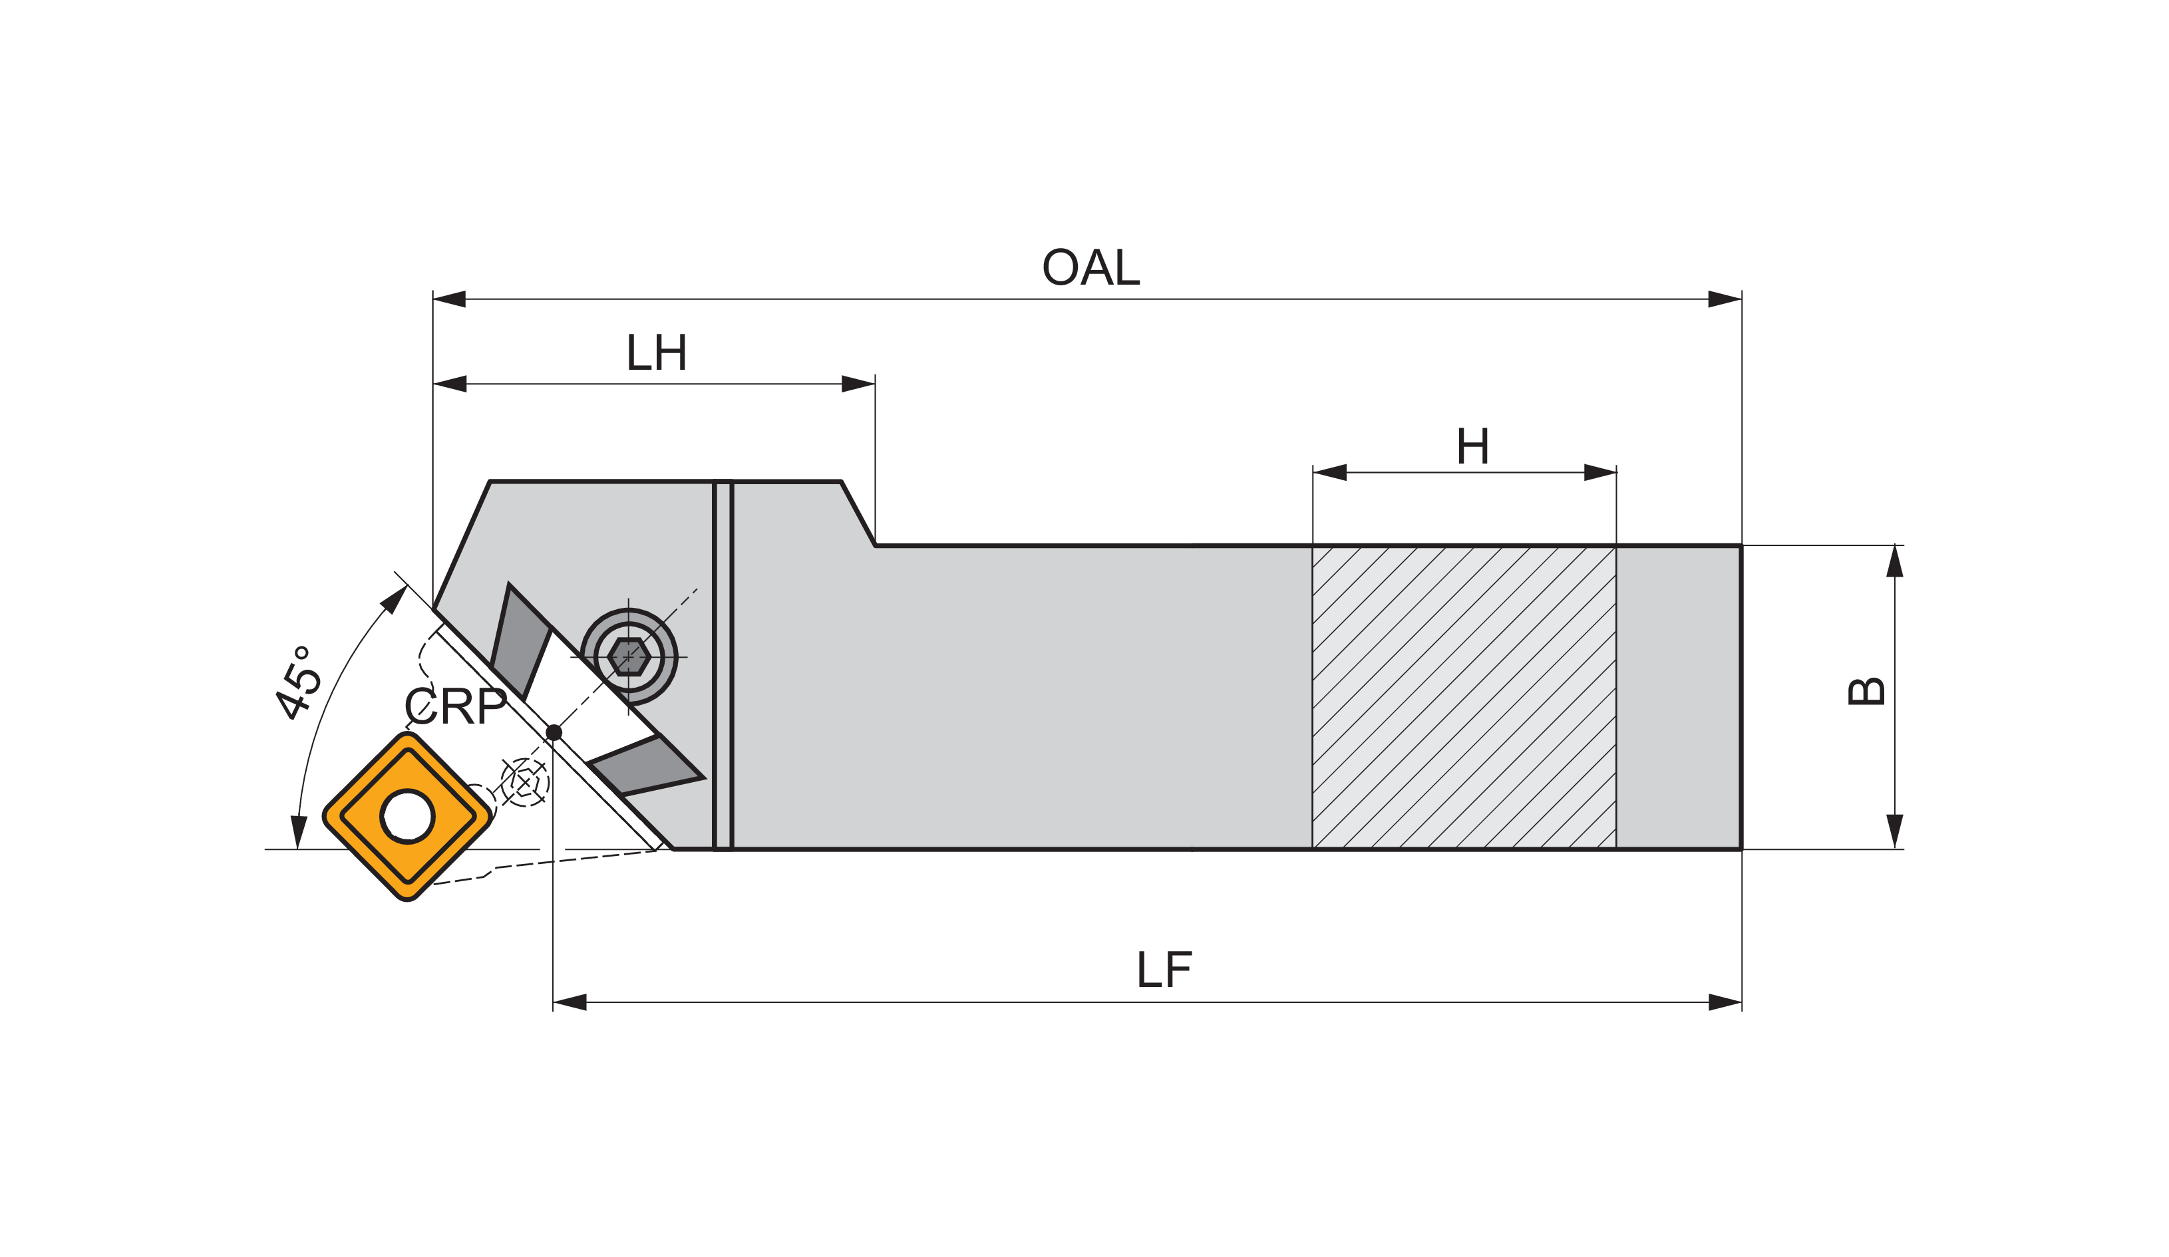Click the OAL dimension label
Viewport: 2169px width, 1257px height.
click(1090, 267)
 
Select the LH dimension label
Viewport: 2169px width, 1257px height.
click(656, 352)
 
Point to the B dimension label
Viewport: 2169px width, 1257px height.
click(1866, 692)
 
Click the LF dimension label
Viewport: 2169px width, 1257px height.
click(1164, 970)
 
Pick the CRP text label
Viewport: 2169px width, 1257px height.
click(454, 707)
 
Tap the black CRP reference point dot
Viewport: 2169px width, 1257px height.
click(554, 732)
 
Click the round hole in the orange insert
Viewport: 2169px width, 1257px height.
click(407, 815)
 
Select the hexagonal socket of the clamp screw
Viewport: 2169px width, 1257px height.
click(628, 657)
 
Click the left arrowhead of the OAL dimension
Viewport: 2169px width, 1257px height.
click(449, 299)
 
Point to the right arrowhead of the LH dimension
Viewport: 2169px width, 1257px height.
click(858, 384)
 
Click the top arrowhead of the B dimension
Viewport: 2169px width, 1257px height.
click(1894, 562)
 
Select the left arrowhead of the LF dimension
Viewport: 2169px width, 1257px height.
click(570, 1002)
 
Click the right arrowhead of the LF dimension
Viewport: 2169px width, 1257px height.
click(1725, 1002)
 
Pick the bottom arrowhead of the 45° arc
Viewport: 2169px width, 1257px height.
click(299, 831)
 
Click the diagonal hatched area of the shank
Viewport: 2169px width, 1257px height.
click(1463, 697)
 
